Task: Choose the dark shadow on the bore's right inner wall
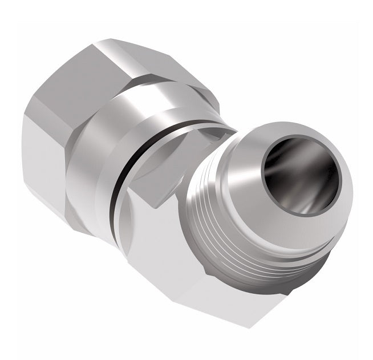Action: click(x=325, y=183)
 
